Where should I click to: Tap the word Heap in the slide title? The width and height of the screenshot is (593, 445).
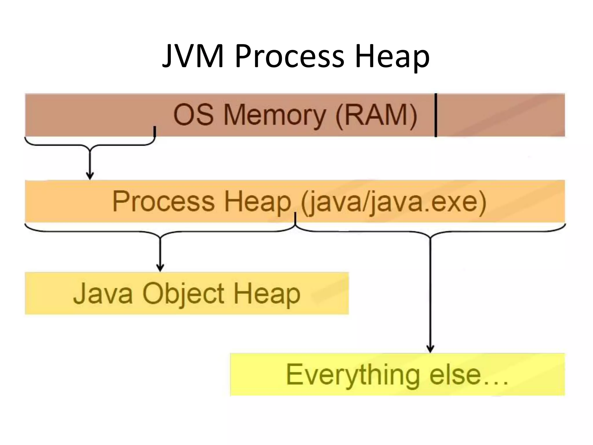pos(392,58)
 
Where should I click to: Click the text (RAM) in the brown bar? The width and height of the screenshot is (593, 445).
pos(376,115)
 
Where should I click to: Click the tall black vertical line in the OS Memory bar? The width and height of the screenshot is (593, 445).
pos(436,115)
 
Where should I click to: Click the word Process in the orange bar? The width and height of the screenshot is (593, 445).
pos(164,201)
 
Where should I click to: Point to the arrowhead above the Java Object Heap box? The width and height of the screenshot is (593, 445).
pos(160,268)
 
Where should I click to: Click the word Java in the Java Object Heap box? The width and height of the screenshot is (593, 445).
pos(103,294)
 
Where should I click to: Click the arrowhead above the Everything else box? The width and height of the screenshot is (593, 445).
pos(430,349)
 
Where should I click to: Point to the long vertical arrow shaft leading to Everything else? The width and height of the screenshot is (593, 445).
pos(430,290)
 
